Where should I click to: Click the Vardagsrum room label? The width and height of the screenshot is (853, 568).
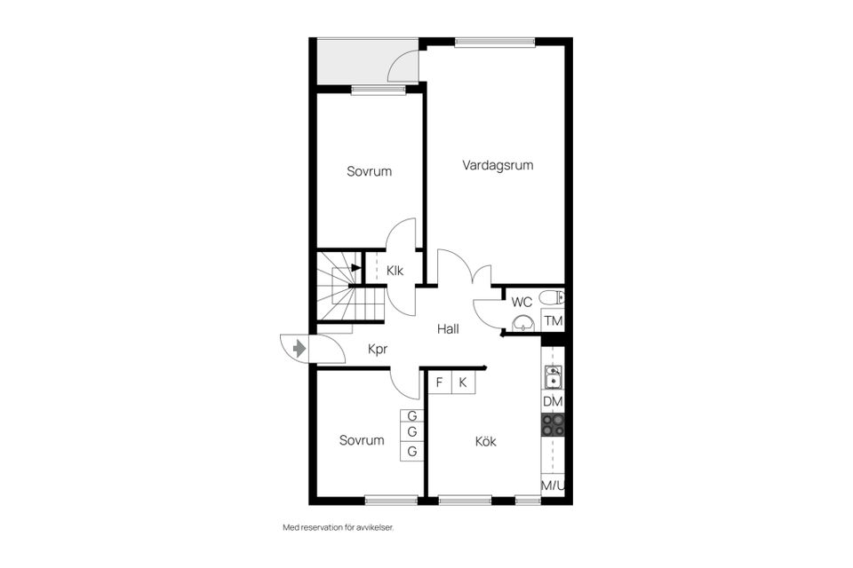click(498, 165)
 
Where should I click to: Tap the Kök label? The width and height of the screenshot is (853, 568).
click(485, 441)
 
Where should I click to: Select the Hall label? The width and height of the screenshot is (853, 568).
click(448, 329)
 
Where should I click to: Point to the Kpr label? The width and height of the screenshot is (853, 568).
click(378, 349)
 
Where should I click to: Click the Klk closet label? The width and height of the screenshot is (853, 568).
click(395, 270)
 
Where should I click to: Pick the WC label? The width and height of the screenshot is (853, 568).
click(522, 303)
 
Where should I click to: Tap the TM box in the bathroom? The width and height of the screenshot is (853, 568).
click(554, 320)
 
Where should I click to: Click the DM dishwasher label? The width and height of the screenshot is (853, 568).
click(553, 402)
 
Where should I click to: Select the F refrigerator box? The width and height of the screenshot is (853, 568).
click(440, 383)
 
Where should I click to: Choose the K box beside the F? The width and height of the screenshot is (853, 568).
click(463, 383)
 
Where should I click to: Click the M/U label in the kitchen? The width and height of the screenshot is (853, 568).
click(553, 486)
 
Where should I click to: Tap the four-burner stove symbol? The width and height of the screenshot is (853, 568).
click(554, 425)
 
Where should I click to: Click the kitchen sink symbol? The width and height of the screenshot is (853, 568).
click(554, 376)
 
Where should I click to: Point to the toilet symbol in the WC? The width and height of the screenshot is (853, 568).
click(552, 297)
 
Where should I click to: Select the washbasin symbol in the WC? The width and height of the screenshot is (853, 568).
click(523, 324)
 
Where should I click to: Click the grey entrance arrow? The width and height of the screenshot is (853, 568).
click(299, 348)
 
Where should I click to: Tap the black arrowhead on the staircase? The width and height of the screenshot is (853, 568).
click(356, 267)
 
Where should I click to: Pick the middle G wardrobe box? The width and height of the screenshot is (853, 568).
click(411, 433)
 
